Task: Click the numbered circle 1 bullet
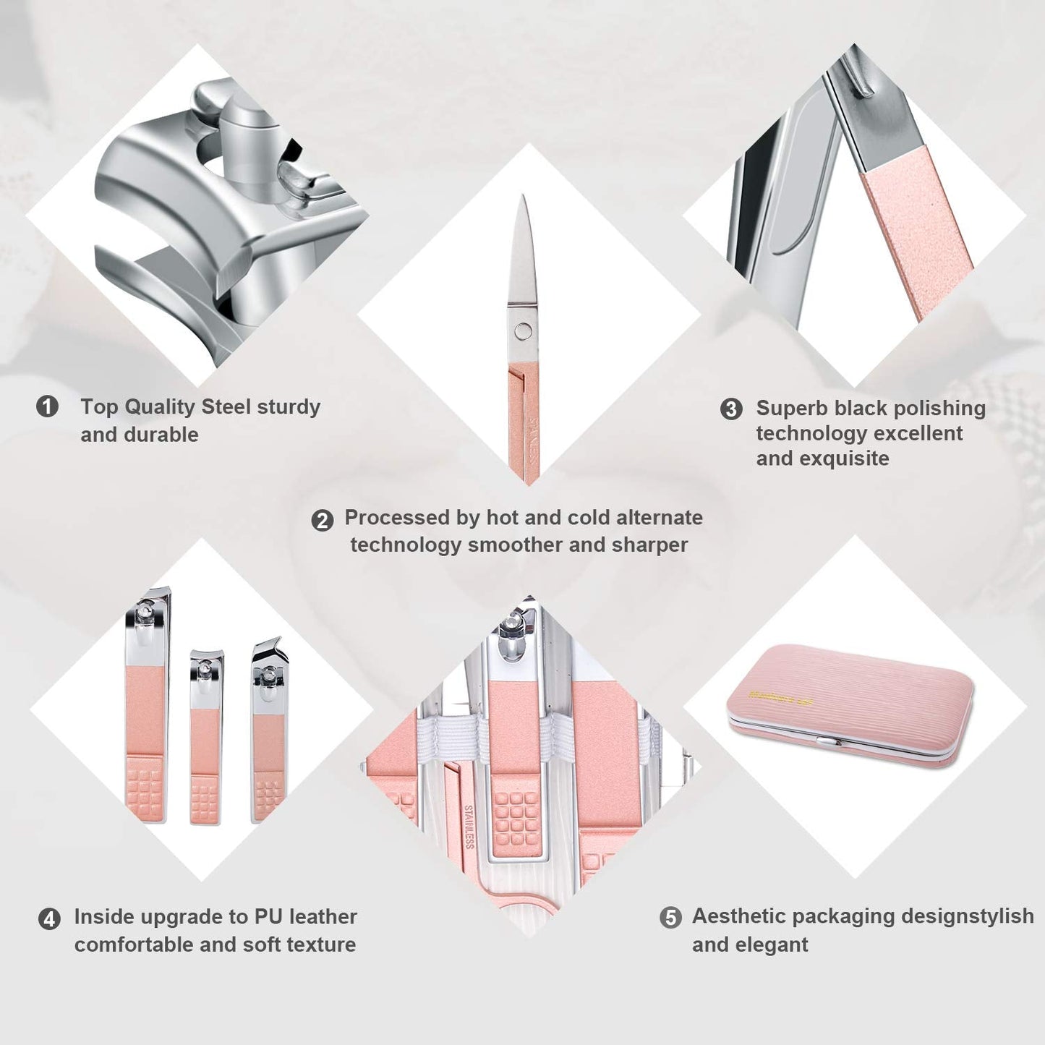pos(48,406)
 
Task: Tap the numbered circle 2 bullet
pos(322,520)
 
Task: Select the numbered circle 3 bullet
pos(731,409)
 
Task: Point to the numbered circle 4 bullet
pos(49,919)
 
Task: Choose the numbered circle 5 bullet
pos(670,918)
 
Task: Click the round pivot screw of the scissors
pos(523,332)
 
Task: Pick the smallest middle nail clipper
pos(205,738)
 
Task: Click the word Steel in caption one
pos(225,407)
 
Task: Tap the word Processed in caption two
pos(397,518)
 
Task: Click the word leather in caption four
pos(323,917)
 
